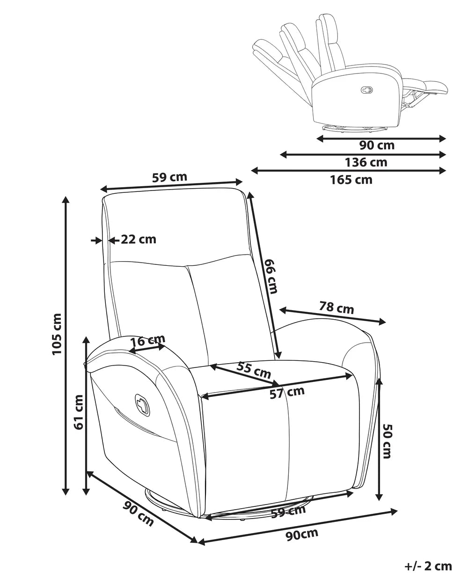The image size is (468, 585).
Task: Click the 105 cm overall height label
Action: coord(57,334)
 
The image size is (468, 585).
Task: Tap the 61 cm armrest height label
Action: coord(78,412)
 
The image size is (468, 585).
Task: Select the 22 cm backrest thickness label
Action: coord(139,240)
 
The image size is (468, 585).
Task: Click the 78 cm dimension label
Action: coord(336,308)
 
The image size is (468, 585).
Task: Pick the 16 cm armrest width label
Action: coord(148,340)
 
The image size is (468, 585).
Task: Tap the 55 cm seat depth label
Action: coord(253,371)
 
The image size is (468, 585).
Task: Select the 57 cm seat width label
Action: coord(287,392)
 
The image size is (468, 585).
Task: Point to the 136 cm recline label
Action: coord(366,162)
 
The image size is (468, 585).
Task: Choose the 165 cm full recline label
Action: coord(351,180)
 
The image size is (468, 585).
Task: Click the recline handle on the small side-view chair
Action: coord(367,89)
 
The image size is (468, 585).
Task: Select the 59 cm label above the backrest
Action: coord(169,177)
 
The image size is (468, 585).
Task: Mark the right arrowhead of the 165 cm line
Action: coord(443,171)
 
